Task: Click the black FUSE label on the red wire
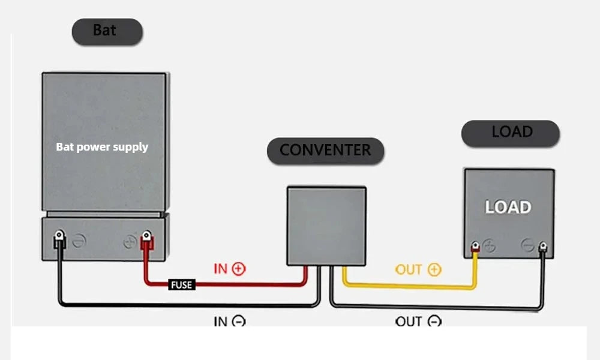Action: [x=182, y=284]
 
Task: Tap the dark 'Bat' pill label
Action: [x=107, y=31]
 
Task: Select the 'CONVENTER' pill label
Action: [x=325, y=151]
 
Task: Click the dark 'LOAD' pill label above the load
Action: [x=511, y=133]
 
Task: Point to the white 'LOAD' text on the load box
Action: [x=508, y=208]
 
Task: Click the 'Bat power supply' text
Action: [x=102, y=147]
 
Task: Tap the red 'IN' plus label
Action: [x=230, y=269]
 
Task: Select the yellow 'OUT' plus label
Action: [x=418, y=269]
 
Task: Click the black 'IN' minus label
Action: [x=230, y=321]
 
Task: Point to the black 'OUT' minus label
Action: [x=418, y=321]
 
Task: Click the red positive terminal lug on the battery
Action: [x=146, y=240]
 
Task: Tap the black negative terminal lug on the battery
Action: [x=59, y=239]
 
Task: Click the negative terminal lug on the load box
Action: [x=542, y=247]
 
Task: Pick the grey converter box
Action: [x=326, y=226]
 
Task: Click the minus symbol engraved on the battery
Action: [x=79, y=241]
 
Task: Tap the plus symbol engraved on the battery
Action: [x=130, y=242]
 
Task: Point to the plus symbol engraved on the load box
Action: [x=488, y=246]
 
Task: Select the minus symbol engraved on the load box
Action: [x=527, y=245]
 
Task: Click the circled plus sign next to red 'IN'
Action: [x=239, y=269]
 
